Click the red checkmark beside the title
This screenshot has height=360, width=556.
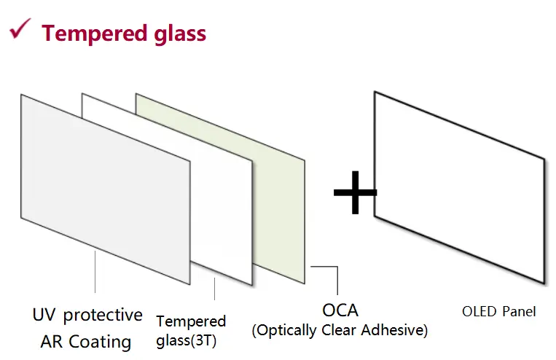tap(19, 31)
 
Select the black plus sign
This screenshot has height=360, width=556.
tap(355, 192)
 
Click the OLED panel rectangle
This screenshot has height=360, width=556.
tap(459, 189)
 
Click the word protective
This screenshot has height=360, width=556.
tap(102, 316)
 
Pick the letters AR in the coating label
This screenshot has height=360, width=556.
tap(52, 341)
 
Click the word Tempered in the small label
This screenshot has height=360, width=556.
tap(191, 321)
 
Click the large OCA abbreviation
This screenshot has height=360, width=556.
tap(340, 310)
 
